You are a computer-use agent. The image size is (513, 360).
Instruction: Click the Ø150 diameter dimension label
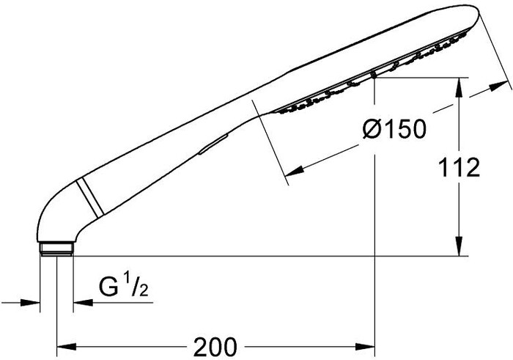pyautogui.click(x=394, y=128)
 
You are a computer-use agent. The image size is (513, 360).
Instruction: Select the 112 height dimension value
pyautogui.click(x=459, y=167)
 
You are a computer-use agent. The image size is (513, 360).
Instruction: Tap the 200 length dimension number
pyautogui.click(x=215, y=347)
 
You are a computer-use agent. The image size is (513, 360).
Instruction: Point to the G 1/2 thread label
pyautogui.click(x=124, y=287)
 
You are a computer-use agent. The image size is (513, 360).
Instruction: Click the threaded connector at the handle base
pyautogui.click(x=56, y=249)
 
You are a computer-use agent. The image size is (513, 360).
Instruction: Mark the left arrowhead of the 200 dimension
pyautogui.click(x=67, y=347)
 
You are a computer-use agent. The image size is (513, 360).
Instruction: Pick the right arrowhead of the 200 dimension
pyautogui.click(x=365, y=347)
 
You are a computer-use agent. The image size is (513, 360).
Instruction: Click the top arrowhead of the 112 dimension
pyautogui.click(x=459, y=87)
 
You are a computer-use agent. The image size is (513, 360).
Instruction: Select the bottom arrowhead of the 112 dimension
pyautogui.click(x=459, y=246)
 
